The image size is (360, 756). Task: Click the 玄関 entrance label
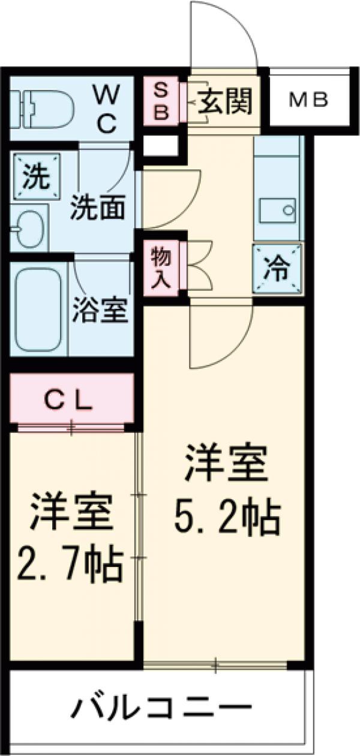pyautogui.click(x=224, y=100)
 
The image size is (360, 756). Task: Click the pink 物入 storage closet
pyautogui.click(x=161, y=267)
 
